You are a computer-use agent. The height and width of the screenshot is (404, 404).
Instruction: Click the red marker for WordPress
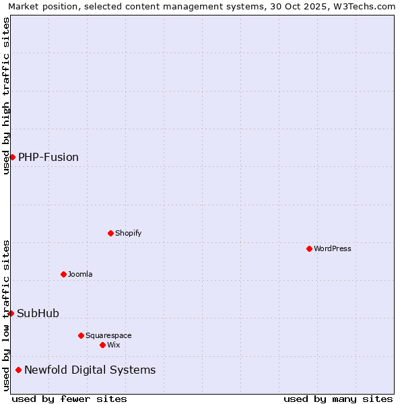309,248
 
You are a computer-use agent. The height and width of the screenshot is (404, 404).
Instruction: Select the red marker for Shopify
110,233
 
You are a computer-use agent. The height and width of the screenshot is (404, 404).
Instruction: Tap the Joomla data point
63,274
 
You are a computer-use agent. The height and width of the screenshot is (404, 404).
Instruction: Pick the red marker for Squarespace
81,335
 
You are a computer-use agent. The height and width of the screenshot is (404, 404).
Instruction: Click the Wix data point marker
102,345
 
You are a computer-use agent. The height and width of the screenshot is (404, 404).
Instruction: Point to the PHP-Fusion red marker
12,157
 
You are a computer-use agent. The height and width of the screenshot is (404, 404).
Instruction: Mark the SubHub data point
11,313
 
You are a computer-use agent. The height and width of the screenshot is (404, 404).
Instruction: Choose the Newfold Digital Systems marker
18,370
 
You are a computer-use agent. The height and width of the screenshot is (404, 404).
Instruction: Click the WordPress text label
333,248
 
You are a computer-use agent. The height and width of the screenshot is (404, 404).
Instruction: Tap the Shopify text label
128,233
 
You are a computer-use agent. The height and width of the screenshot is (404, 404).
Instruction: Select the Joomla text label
80,274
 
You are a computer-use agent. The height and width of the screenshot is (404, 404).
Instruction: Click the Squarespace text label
108,335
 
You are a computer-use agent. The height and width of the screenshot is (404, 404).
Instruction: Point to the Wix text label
113,345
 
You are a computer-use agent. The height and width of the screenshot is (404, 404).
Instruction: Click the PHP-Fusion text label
48,158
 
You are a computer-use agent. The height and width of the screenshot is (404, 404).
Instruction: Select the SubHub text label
38,313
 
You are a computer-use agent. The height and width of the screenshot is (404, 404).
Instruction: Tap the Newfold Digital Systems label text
90,370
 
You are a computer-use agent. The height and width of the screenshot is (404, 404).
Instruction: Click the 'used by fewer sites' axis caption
69,399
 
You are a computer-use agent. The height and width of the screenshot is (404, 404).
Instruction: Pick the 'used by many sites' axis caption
338,399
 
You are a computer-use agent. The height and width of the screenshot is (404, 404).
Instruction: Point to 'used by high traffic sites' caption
6,96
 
